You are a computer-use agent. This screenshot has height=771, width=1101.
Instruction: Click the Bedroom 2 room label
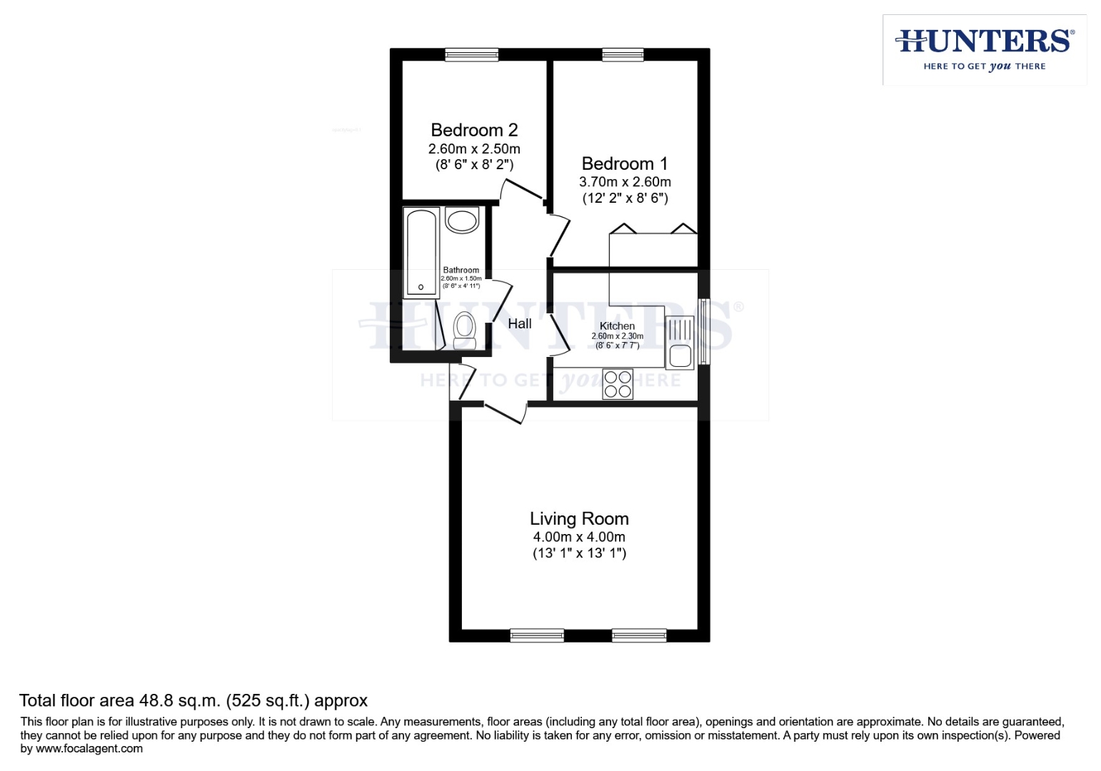coord(474,130)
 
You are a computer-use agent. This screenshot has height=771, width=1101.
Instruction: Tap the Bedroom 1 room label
coord(624,163)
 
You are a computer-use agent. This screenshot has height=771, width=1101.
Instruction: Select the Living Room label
coord(579,519)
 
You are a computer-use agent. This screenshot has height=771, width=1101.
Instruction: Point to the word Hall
coord(520,323)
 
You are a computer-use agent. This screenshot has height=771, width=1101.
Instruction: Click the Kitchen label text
coord(617,326)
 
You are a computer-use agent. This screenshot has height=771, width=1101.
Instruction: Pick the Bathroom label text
coord(461,271)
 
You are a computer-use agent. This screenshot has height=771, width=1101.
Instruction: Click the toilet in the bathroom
coord(465,329)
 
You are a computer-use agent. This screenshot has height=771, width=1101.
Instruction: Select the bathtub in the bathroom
coord(421,253)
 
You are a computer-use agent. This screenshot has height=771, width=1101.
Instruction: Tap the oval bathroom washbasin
coord(462,220)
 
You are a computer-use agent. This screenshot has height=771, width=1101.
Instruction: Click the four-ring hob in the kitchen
coord(618,384)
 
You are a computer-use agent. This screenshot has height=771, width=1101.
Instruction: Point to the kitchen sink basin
coord(680,356)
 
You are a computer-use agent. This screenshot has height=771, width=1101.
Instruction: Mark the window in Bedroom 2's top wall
coord(471,54)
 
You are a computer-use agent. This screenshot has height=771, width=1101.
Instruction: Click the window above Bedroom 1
coord(623,54)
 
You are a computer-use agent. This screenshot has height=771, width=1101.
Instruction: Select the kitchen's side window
coord(704,331)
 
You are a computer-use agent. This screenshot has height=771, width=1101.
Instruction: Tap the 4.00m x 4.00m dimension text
coord(579,537)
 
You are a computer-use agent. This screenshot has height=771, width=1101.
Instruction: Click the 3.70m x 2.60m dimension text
coord(625,182)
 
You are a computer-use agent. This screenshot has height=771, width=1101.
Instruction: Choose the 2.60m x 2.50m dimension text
coord(474,149)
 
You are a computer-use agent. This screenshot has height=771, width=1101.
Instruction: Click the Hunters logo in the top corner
coord(985,49)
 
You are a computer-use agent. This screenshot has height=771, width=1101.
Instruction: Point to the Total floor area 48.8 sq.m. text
coord(193,700)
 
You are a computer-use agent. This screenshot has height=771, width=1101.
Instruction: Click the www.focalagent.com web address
coord(89,749)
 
